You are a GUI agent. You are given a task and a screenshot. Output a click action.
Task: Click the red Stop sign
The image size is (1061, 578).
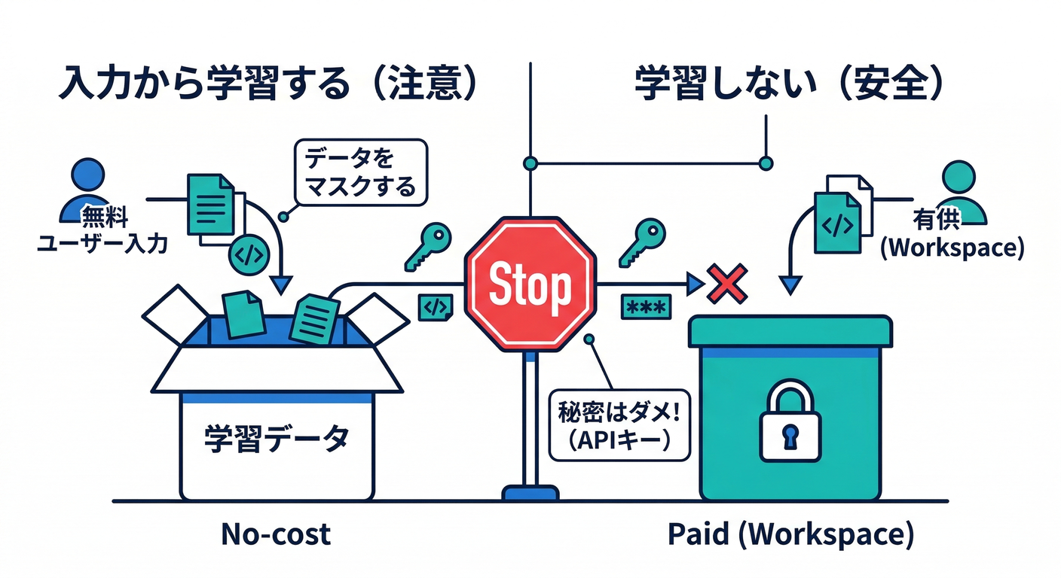click(530, 284)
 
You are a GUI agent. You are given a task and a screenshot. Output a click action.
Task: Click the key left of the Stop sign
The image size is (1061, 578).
click(427, 244)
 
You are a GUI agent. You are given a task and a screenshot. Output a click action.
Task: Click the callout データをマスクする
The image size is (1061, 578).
click(360, 172)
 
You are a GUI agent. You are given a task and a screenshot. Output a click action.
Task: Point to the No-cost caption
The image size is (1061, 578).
click(276, 534)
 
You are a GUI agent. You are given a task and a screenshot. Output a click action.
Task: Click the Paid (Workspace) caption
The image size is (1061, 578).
click(790, 534)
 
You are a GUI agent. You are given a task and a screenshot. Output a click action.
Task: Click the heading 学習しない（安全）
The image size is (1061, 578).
click(788, 85)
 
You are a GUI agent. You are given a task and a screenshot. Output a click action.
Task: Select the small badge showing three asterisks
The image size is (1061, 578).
click(646, 307)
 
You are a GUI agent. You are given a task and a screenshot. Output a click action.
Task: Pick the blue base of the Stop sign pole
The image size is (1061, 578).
click(530, 493)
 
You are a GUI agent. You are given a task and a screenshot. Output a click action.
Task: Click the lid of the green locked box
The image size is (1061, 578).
click(790, 331)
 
